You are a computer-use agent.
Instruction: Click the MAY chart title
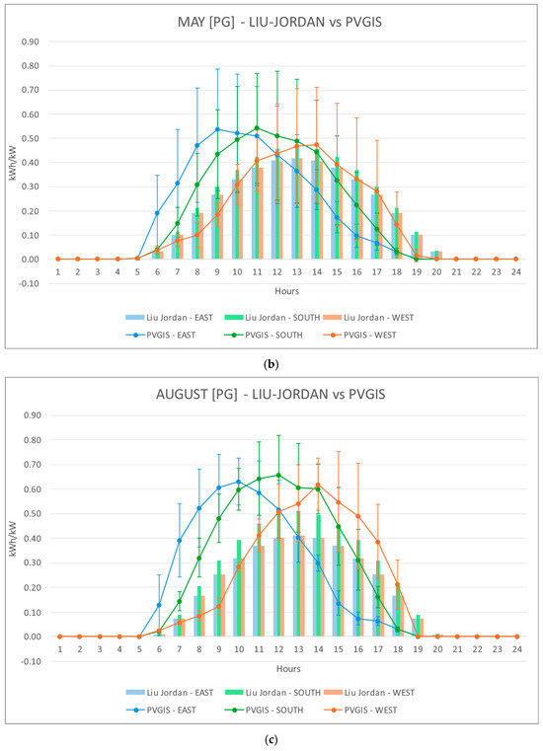pyautogui.click(x=279, y=22)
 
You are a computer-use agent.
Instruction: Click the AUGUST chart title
pyautogui.click(x=271, y=394)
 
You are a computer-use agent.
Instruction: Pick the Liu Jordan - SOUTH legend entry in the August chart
pyautogui.click(x=271, y=693)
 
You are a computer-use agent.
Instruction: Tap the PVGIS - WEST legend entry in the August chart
pyautogui.click(x=360, y=710)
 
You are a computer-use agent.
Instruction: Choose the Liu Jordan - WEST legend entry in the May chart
pyautogui.click(x=368, y=318)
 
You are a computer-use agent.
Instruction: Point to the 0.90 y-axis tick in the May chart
pyautogui.click(x=31, y=41)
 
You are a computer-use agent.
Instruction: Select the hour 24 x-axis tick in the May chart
pyautogui.click(x=515, y=271)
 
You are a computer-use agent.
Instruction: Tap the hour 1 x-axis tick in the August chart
pyautogui.click(x=60, y=649)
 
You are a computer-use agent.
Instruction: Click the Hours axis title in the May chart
pyautogui.click(x=286, y=291)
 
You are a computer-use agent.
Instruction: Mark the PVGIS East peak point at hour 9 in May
pyautogui.click(x=217, y=129)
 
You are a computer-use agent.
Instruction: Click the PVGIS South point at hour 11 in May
pyautogui.click(x=257, y=128)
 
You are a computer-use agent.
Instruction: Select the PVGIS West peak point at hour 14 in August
pyautogui.click(x=317, y=485)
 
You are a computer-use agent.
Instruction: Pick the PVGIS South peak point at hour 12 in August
pyautogui.click(x=279, y=475)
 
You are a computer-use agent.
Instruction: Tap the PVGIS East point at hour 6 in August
pyautogui.click(x=159, y=605)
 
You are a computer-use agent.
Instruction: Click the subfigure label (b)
pyautogui.click(x=271, y=364)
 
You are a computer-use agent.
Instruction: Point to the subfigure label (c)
pyautogui.click(x=271, y=739)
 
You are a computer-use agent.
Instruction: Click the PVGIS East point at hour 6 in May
pyautogui.click(x=157, y=212)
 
